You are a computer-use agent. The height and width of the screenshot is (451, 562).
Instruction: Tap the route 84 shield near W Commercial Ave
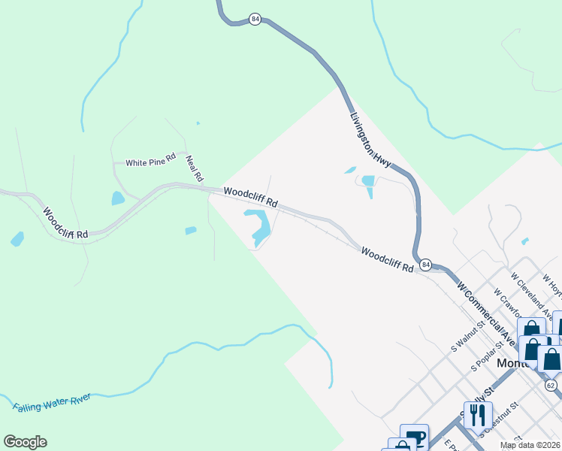pos(426,265)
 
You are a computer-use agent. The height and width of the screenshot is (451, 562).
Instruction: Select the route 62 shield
pos(551,386)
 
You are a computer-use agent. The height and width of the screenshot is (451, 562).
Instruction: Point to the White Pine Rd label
pos(150,162)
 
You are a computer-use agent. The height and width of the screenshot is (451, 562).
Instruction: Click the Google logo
pos(25,442)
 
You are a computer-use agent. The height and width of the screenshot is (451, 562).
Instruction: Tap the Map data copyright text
pos(529,445)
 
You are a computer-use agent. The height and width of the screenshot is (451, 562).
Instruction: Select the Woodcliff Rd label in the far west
pos(65,223)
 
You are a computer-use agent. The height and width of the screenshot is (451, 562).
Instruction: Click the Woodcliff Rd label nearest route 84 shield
pos(387,260)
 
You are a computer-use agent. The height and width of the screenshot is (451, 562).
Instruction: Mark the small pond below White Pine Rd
pos(117,198)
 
